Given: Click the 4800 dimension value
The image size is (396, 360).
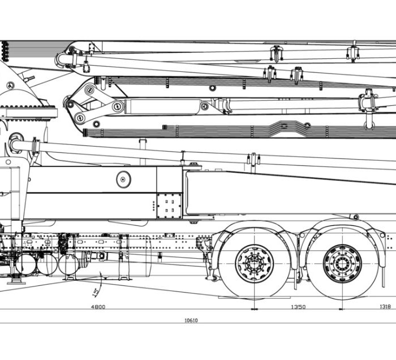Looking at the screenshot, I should (98, 307).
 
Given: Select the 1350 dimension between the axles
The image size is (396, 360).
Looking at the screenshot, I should (298, 307).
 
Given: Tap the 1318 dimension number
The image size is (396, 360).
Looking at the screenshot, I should (384, 307).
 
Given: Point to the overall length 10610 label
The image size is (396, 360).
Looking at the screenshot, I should (191, 320).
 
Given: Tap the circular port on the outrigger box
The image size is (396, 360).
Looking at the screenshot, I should (123, 179).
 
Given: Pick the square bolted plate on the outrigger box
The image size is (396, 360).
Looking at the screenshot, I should (169, 205).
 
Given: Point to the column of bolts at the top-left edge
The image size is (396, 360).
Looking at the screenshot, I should (5, 50).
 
